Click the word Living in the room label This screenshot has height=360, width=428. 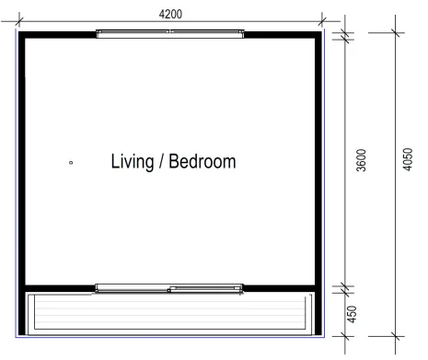click(134, 162)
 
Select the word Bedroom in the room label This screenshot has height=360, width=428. click(203, 162)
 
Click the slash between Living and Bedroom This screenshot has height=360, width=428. click(165, 162)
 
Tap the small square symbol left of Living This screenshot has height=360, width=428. click(71, 164)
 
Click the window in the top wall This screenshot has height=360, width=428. click(170, 33)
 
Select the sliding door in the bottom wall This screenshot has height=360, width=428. click(170, 288)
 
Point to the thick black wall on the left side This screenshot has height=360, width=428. click(21, 161)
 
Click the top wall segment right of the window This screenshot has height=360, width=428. click(282, 33)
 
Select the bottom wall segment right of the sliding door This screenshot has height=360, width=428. click(282, 287)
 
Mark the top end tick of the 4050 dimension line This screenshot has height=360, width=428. click(397, 33)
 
